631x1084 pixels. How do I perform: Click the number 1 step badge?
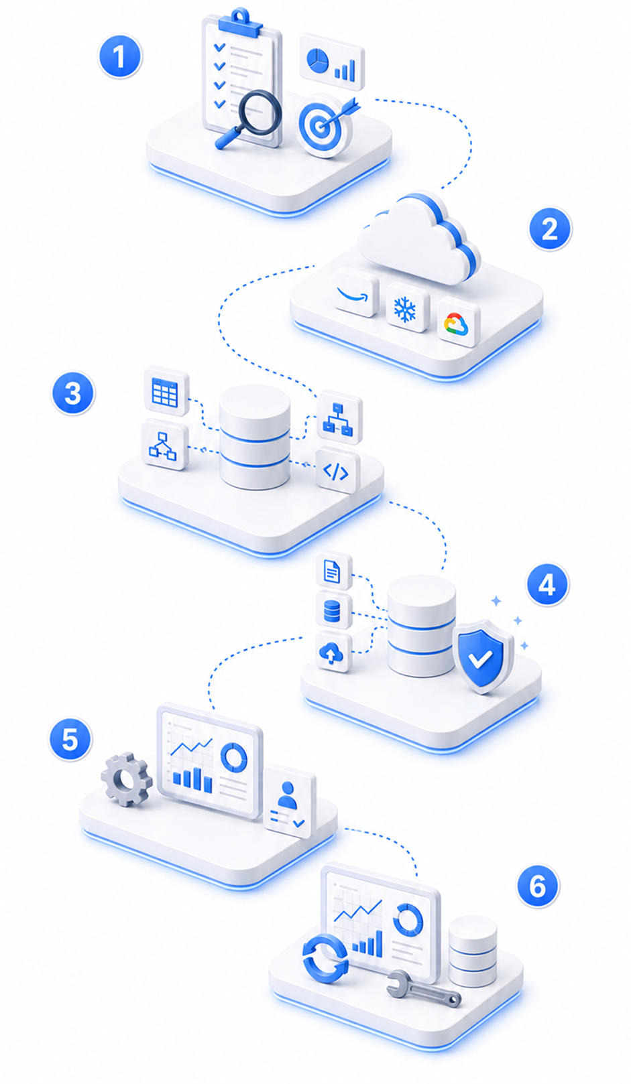(119, 56)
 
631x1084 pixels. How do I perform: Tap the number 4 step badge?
(547, 585)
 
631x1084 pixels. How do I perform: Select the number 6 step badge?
(538, 886)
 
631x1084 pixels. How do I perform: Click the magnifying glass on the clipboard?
(249, 119)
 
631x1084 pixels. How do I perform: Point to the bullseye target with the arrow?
(325, 125)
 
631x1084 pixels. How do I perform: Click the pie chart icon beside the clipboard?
(317, 62)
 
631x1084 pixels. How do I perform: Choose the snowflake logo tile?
(407, 308)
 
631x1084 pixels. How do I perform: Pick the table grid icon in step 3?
(166, 391)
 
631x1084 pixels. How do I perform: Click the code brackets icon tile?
(337, 471)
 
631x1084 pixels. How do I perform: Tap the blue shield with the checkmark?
(483, 655)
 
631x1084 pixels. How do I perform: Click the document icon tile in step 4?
(333, 571)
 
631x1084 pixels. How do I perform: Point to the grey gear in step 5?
(126, 779)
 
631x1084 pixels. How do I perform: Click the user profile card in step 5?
(290, 801)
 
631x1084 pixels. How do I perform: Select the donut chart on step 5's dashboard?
(233, 757)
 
